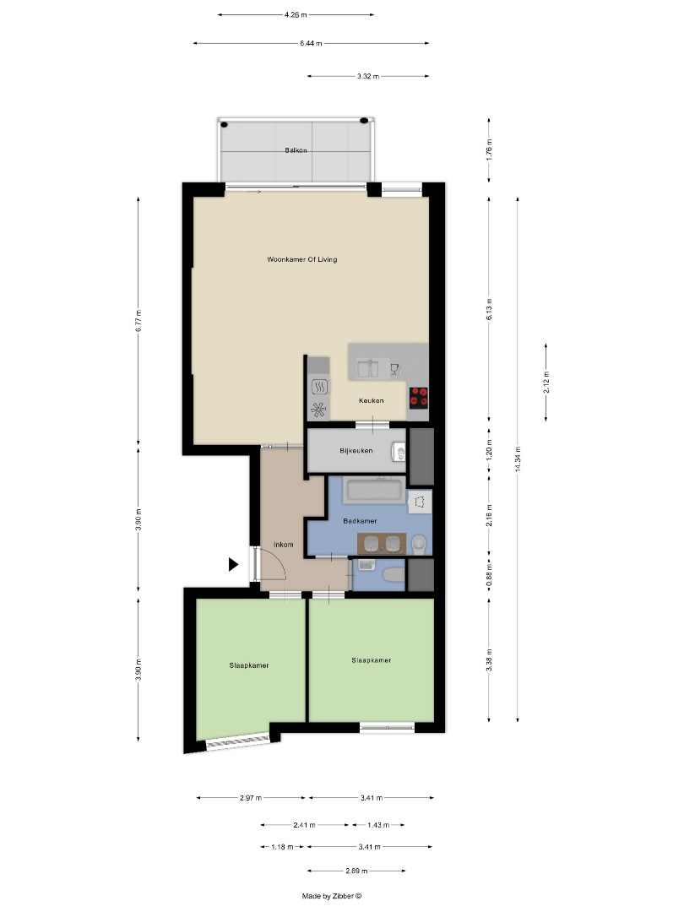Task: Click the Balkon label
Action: (296, 150)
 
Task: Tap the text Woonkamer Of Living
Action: (301, 259)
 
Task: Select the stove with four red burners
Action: (419, 397)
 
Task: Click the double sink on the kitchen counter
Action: (367, 368)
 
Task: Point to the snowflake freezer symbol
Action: (319, 410)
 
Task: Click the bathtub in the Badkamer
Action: (377, 489)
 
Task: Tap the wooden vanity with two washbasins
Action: (382, 542)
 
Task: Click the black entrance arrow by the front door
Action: (234, 565)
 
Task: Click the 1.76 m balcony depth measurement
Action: (489, 150)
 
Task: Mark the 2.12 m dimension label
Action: (546, 383)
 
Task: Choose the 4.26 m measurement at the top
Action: (296, 14)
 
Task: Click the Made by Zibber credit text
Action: (332, 896)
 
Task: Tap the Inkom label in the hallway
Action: (284, 545)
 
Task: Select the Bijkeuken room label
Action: (356, 451)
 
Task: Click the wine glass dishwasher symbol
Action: (394, 368)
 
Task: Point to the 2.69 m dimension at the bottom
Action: (356, 870)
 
